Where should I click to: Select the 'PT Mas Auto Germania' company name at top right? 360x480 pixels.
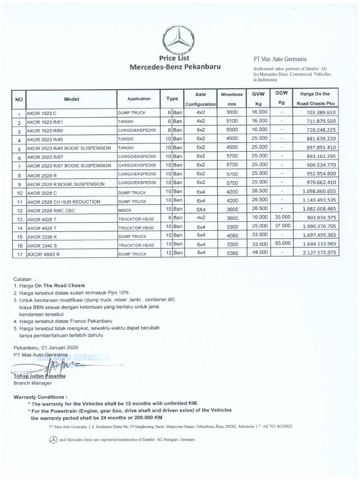pos(280,60)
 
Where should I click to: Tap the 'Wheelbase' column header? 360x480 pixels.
pos(232,94)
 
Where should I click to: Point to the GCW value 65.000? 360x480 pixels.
pos(281,243)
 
